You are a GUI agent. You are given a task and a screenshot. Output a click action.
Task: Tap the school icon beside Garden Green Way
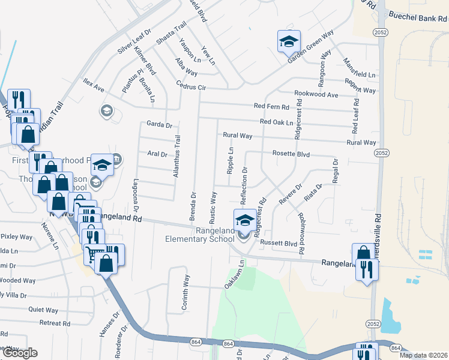click(x=289, y=42)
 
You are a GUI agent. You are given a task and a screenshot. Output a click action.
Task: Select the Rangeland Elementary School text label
click(x=200, y=235)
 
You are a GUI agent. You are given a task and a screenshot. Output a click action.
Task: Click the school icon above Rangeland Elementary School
click(x=244, y=220)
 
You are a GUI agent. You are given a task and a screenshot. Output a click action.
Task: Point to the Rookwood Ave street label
click(x=316, y=94)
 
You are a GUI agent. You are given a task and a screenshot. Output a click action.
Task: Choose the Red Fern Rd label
click(x=271, y=107)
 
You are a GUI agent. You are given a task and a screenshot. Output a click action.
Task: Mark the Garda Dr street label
click(x=159, y=125)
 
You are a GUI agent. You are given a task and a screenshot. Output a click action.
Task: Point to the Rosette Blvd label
click(x=291, y=154)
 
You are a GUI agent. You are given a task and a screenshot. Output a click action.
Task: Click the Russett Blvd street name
click(x=282, y=244)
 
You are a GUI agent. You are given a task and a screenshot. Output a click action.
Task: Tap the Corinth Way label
click(x=185, y=293)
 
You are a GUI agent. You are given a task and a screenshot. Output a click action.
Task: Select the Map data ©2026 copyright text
click(x=423, y=355)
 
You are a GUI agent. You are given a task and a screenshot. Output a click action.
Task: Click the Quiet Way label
click(x=43, y=310)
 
